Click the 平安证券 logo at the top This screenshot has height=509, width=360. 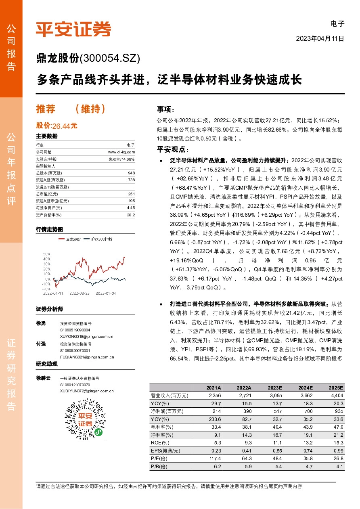pos(73,29)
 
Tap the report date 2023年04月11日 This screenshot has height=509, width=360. pos(320,39)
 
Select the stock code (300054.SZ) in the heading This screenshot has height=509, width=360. pos(110,59)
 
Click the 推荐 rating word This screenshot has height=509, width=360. pos(45,109)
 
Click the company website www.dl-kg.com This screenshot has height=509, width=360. pos(121,152)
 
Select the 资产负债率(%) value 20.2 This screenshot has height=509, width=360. pos(130,215)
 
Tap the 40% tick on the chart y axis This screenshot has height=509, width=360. pos(47,259)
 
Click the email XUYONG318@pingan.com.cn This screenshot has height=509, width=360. pos(86,336)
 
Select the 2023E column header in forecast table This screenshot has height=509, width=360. pos(274,388)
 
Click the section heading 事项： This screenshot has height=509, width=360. pos(165,109)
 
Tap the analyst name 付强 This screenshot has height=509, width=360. pos(41,344)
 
